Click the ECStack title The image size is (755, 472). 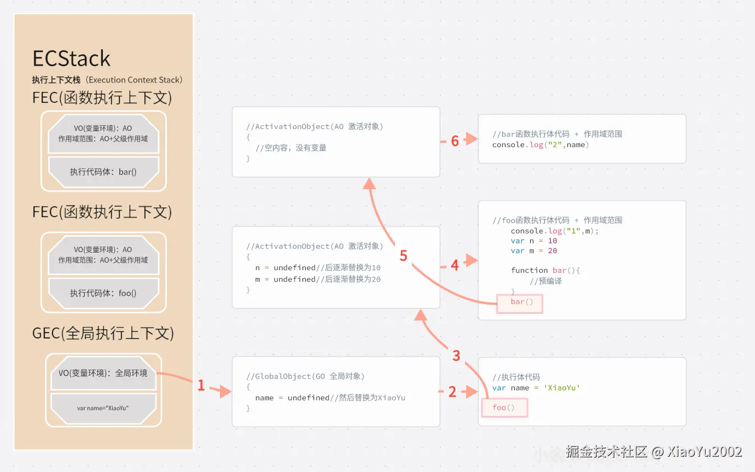(71, 59)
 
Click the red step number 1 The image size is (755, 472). (201, 386)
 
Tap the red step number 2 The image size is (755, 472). (452, 392)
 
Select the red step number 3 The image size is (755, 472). (456, 356)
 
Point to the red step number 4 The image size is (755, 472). (455, 265)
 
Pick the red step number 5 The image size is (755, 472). (404, 256)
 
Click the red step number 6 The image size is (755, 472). (455, 141)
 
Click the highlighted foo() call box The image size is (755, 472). (504, 407)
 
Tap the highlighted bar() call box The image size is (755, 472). (519, 302)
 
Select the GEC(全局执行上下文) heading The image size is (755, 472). (103, 333)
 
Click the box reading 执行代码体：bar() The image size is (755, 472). (103, 172)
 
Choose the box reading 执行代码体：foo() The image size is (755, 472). (103, 293)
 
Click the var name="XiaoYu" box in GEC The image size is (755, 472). (103, 409)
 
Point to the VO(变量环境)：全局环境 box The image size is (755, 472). (103, 373)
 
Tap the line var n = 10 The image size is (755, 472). (533, 241)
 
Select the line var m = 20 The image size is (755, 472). (533, 250)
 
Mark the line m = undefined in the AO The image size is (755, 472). (318, 279)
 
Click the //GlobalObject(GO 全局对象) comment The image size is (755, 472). (305, 376)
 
